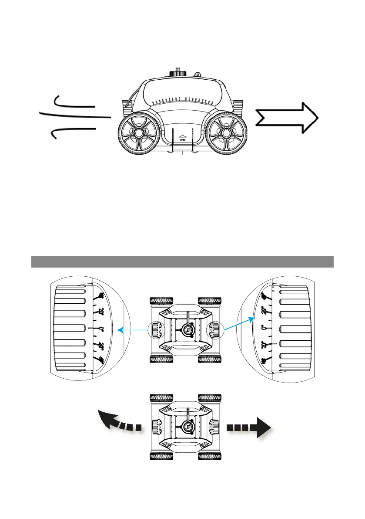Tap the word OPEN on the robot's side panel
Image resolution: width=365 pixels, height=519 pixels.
pyautogui.click(x=182, y=140)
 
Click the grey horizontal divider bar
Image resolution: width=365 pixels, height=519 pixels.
pyautogui.click(x=182, y=261)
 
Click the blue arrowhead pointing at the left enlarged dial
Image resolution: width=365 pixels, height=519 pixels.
pyautogui.click(x=121, y=330)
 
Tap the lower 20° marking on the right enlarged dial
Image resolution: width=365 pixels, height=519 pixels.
pyautogui.click(x=263, y=344)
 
